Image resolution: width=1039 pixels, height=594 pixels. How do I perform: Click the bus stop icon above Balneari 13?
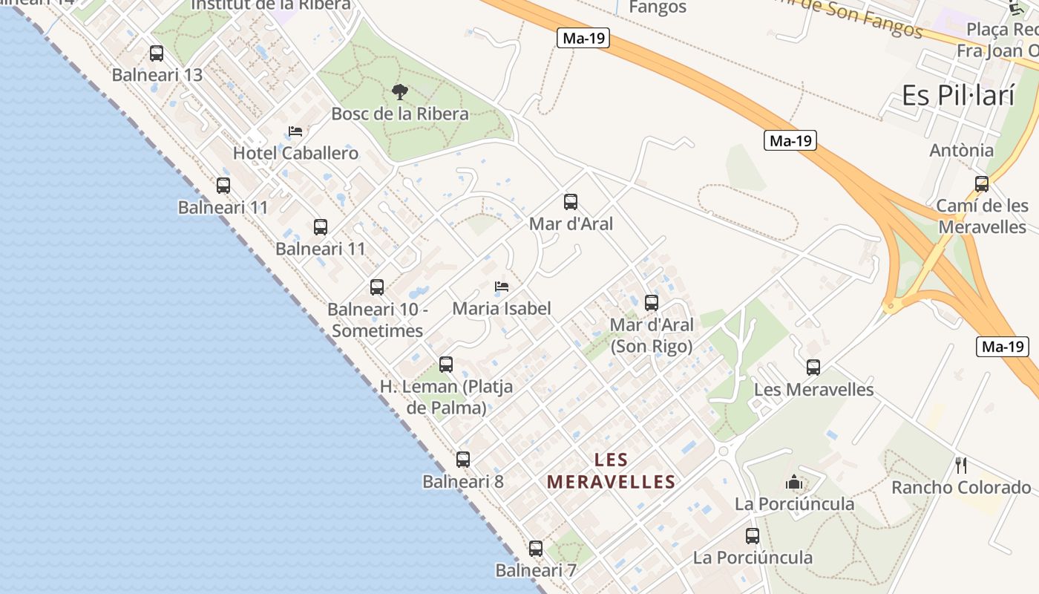157,53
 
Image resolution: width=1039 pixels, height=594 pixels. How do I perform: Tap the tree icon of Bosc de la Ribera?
400,92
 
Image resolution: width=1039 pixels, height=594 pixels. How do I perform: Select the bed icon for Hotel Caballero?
295,132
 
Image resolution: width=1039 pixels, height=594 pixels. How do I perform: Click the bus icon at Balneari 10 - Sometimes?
377,287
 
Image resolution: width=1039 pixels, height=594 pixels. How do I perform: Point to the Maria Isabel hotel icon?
502,287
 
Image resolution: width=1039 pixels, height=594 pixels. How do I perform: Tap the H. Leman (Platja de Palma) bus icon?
446,365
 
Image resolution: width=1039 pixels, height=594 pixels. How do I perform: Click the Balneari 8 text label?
463,481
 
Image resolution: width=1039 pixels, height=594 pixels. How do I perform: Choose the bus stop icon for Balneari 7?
536,549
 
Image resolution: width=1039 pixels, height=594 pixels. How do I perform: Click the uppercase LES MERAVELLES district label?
611,471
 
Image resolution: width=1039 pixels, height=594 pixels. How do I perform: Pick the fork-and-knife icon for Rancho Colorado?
961,466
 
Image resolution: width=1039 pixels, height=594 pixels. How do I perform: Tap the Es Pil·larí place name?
957,95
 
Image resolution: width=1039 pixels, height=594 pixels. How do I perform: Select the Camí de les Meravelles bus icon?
982,184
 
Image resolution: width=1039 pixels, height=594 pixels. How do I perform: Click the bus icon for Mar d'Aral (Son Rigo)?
652,303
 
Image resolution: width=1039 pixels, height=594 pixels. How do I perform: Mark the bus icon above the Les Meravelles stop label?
813,368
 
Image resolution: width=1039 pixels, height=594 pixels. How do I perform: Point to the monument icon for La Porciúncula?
794,483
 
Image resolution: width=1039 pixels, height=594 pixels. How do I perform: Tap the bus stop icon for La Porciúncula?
753,536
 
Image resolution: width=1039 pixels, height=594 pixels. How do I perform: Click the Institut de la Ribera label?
271,5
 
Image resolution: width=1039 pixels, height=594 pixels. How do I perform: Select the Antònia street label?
962,150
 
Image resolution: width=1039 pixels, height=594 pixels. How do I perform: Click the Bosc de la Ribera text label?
400,114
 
